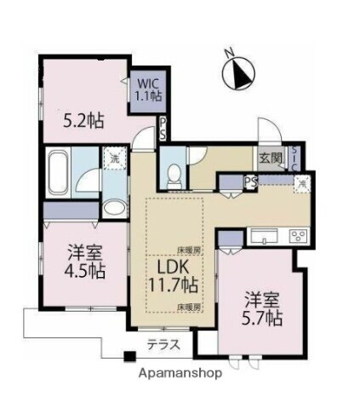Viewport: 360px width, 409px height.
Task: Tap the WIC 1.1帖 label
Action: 146,90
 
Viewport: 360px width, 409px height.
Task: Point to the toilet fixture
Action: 174,173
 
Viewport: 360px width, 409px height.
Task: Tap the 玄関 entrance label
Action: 271,158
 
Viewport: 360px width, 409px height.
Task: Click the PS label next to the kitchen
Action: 251,181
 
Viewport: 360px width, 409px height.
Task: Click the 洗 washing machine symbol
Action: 111,158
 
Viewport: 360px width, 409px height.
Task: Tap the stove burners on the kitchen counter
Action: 298,236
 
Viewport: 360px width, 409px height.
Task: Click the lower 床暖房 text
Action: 188,304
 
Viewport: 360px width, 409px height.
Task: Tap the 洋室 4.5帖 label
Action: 86,262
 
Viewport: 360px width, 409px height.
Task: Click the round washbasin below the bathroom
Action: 112,208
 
